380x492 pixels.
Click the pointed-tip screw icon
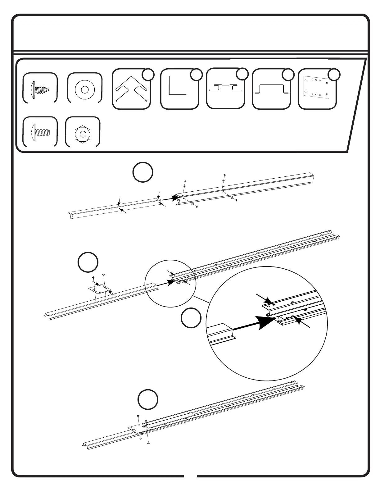coord(40,88)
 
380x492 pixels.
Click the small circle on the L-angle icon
coord(196,75)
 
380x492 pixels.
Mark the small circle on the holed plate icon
coord(334,75)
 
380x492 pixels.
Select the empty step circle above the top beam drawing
coord(143,172)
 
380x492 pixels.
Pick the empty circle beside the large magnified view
coord(191,318)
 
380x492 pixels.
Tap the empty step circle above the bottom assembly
coord(148,399)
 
